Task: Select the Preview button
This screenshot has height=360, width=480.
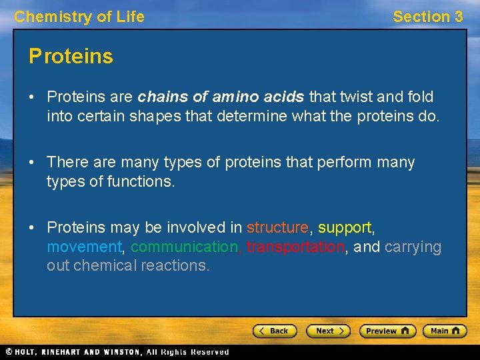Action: coord(387,331)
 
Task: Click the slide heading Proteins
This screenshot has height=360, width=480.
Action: coord(71,56)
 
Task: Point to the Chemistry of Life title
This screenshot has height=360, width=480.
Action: coord(79,17)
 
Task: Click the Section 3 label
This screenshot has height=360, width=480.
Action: coord(427,17)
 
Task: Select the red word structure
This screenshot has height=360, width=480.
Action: coord(277,228)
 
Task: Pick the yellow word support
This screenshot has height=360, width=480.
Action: coord(345,228)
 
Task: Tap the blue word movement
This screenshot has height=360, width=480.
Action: coord(84,247)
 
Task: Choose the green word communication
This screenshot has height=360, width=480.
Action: coord(185,247)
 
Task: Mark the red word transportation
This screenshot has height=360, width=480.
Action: coord(295,247)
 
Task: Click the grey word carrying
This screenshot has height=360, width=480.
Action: coord(413,247)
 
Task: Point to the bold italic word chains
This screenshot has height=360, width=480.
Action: coord(159,97)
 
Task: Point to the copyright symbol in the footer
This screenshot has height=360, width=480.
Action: coord(9,352)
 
